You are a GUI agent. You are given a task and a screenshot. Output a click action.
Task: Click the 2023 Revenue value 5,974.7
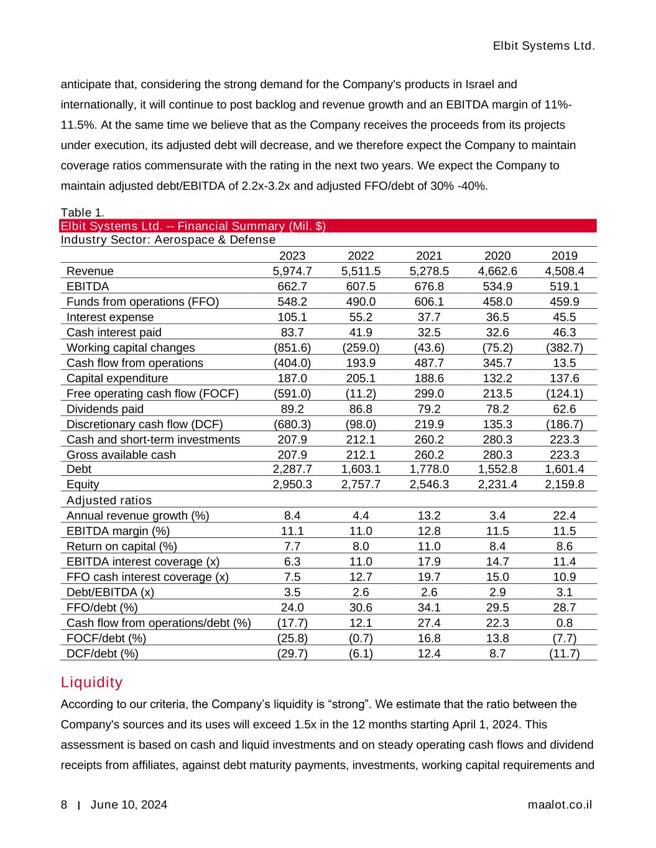coord(292,271)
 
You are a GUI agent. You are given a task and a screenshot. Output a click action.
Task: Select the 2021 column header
coord(429,255)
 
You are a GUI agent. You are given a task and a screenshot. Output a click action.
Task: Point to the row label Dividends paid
coord(105,409)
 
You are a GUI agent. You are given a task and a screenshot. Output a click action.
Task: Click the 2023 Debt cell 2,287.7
coord(292,469)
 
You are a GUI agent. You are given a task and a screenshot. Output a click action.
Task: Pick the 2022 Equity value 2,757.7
coord(361,485)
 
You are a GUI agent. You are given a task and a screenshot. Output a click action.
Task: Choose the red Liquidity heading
coord(91,683)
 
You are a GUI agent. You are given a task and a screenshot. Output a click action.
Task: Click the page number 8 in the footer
coord(64,805)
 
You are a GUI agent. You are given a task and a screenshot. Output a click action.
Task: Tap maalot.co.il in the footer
coord(560,805)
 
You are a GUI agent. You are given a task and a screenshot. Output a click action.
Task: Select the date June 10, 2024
coord(129,805)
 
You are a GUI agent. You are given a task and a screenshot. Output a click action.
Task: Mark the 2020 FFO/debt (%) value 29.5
coord(497,608)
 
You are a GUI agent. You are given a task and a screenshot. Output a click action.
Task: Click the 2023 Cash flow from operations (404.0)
coord(292,363)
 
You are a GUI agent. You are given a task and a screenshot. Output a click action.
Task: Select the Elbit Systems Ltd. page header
coord(544,46)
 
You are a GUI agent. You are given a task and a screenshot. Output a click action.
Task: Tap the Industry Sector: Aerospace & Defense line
coord(168,240)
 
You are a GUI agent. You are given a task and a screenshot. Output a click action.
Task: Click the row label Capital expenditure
coord(117,378)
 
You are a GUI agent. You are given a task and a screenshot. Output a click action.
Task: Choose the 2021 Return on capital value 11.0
coord(429,546)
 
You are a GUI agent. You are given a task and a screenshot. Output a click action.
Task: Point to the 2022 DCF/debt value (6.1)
coord(361,654)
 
